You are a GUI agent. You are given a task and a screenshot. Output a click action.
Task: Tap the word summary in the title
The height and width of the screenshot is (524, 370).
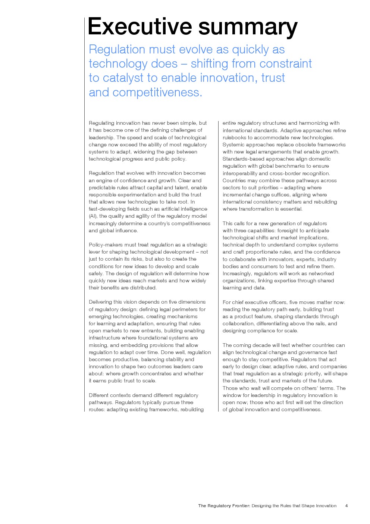[x=248, y=27]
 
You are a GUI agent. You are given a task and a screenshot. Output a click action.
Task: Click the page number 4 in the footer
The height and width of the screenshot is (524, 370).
[x=347, y=506]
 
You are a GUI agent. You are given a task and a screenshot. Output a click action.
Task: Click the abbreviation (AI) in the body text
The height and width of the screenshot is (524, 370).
[x=93, y=216]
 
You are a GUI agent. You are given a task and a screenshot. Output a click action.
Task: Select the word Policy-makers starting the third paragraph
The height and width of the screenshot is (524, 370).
[x=106, y=245]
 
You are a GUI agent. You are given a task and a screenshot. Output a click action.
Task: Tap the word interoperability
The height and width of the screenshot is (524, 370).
[x=240, y=173]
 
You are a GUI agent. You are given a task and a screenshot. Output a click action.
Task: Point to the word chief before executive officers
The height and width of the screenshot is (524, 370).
[x=238, y=302]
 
